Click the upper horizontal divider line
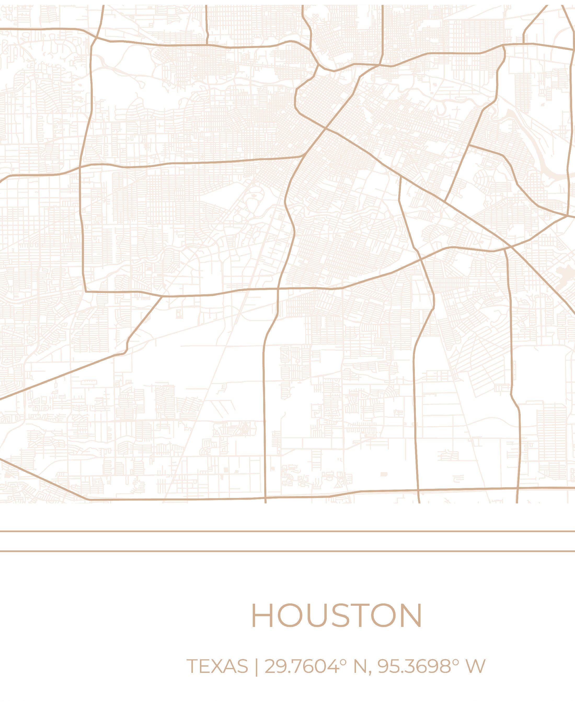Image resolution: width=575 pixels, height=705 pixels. point(287,531)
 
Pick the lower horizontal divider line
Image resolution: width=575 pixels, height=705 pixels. point(287,551)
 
